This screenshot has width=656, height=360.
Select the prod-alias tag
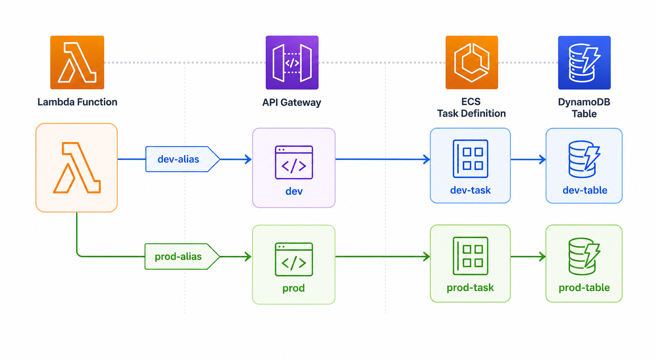click(182, 256)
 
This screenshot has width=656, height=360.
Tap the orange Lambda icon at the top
click(77, 62)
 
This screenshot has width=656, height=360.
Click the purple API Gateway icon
click(292, 62)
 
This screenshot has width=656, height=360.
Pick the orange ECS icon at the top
click(472, 62)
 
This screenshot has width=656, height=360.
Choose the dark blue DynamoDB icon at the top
click(584, 62)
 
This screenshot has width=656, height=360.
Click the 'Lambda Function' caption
click(77, 102)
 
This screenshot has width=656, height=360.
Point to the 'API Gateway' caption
click(292, 102)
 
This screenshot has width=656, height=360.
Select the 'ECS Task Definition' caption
click(471, 107)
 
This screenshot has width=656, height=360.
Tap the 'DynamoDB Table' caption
click(584, 108)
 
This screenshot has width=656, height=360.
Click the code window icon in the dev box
click(294, 162)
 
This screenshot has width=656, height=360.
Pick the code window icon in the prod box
click(294, 259)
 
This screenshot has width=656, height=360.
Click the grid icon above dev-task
click(470, 159)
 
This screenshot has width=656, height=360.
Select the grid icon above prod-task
click(470, 256)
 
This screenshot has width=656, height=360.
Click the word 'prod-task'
click(470, 288)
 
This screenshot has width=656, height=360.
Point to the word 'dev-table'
click(585, 190)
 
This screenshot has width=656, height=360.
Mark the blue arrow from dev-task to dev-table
click(528, 159)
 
